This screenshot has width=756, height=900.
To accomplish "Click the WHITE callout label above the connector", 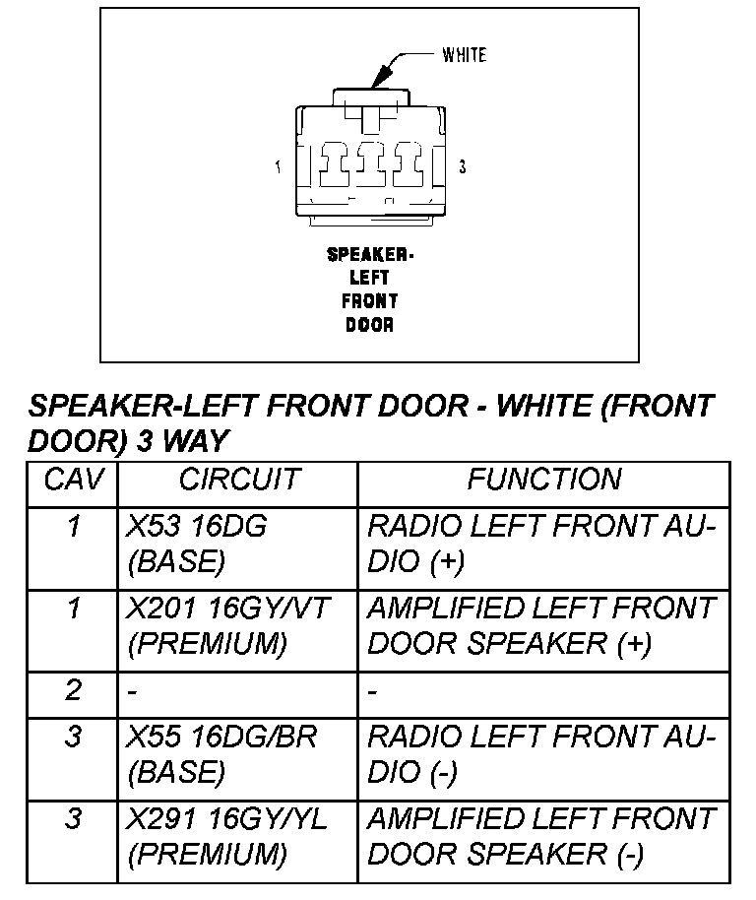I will click(464, 55).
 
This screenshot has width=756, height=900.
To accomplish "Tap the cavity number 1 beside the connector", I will click(279, 167).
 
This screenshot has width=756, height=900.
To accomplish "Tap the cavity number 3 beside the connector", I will click(462, 167).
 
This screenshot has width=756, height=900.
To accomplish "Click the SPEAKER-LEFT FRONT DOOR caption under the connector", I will click(370, 289).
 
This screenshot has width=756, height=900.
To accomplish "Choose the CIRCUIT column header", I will click(238, 481).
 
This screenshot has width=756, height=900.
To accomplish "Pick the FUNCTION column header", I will click(543, 481).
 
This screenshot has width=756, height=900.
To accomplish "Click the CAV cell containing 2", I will click(73, 691).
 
